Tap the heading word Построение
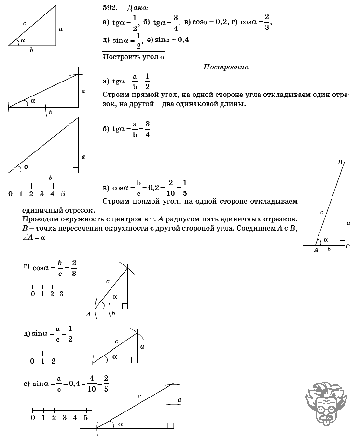[226, 68]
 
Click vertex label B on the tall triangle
[340, 162]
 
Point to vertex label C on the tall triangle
[348, 246]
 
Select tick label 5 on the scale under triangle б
[63, 194]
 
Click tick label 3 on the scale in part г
[61, 294]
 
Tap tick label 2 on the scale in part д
[54, 361]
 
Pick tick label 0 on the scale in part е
[33, 418]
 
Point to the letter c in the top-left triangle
[24, 23]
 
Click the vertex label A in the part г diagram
[88, 314]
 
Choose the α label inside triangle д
[115, 356]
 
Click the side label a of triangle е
[179, 399]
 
